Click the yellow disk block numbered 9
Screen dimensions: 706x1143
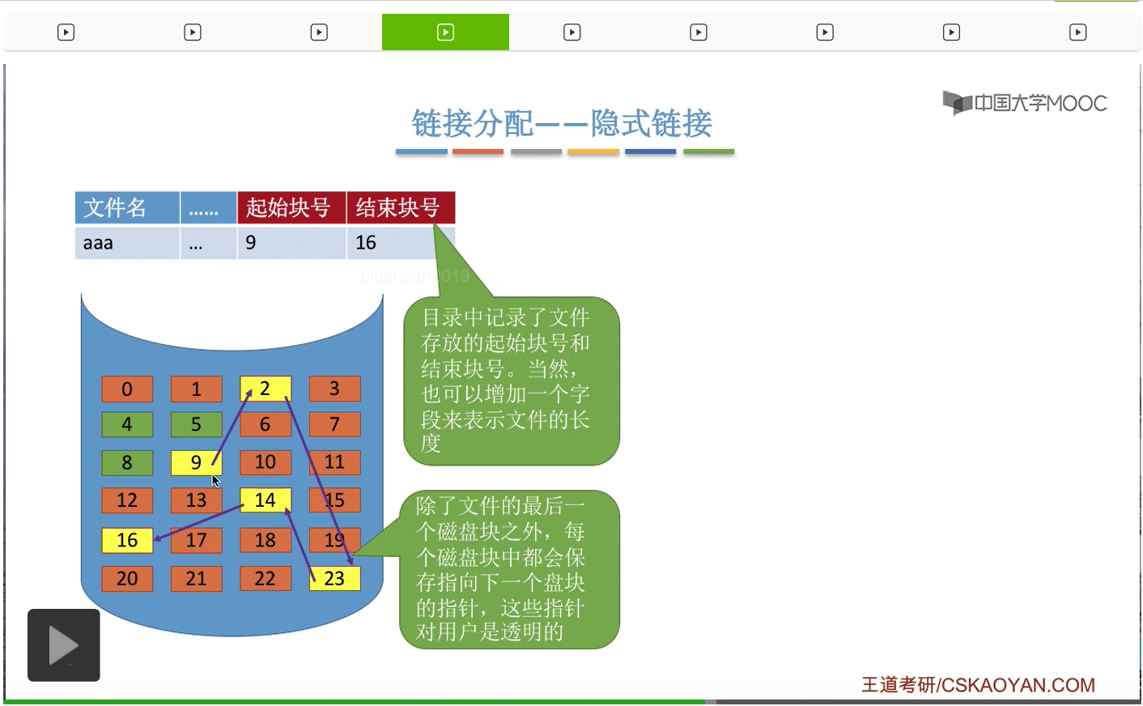pos(196,462)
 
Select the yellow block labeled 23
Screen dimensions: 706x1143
pos(334,578)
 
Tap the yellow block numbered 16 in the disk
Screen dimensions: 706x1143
pos(127,540)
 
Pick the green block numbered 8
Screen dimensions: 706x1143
pos(127,462)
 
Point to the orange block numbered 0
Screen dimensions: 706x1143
pos(127,389)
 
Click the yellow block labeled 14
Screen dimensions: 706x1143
pos(265,500)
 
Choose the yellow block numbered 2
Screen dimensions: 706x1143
pos(265,389)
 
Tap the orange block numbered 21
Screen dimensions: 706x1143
pos(196,578)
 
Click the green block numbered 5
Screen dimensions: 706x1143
pos(196,424)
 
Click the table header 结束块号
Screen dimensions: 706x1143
pos(401,207)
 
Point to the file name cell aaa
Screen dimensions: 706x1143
pos(126,243)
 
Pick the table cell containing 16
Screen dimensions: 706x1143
pos(400,243)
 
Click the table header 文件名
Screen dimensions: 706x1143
pos(126,207)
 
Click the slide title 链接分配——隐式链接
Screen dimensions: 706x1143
pos(562,124)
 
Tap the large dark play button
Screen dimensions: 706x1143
pos(64,645)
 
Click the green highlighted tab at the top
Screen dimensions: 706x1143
pos(445,32)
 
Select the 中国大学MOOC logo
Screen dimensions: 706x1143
pos(1025,103)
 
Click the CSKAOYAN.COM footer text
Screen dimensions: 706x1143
pos(978,685)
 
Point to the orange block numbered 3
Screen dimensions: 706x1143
pos(334,389)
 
